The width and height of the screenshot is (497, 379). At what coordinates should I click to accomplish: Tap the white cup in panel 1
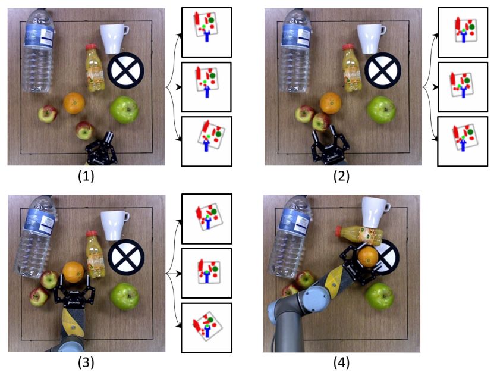114,38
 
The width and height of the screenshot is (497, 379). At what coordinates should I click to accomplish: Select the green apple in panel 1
124,110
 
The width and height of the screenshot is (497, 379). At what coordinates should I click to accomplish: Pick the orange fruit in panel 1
74,102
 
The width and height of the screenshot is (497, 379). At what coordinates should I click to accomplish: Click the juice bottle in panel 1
94,67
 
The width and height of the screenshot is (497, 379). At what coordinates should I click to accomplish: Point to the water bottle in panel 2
295,51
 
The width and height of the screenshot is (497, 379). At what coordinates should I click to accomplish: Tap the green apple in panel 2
381,109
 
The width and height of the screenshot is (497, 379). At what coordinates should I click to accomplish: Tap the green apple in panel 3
124,296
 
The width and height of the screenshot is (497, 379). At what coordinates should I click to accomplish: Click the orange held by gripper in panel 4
368,258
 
